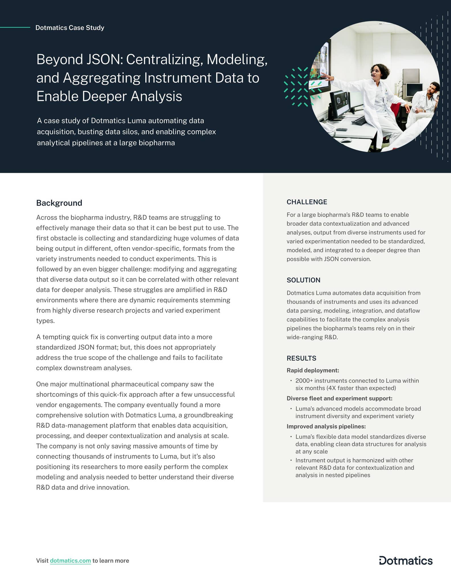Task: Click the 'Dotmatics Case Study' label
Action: (x=70, y=28)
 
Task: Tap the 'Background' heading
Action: (x=59, y=203)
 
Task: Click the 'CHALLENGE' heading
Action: (x=307, y=202)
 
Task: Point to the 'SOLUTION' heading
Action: (x=303, y=280)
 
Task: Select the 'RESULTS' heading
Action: (x=301, y=358)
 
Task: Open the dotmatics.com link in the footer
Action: (x=70, y=561)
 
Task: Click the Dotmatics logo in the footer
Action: (x=406, y=560)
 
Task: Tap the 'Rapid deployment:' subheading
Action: (x=313, y=370)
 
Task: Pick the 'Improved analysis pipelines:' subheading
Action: (x=326, y=426)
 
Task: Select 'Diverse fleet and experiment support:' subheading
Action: (x=339, y=398)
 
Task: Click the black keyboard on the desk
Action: (x=359, y=120)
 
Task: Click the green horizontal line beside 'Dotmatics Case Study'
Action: (x=15, y=27)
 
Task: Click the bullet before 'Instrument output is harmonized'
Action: (x=291, y=461)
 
